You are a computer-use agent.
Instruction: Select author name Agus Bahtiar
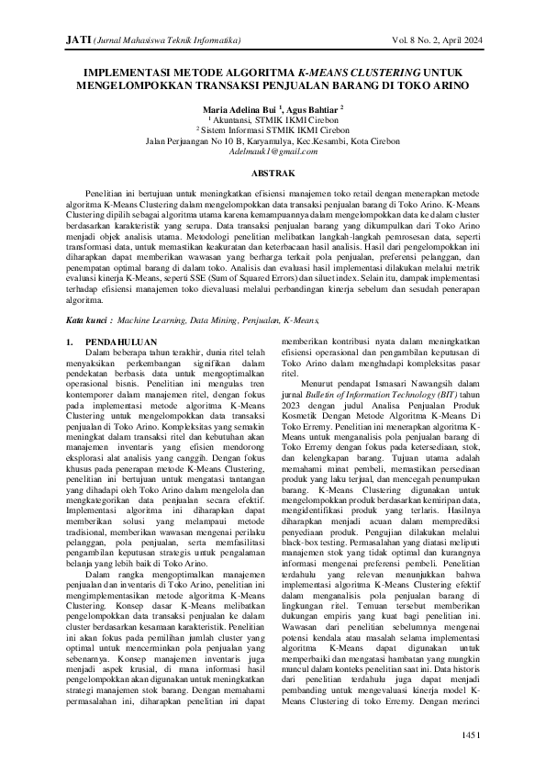[x=309, y=109]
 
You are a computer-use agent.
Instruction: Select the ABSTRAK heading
[x=273, y=174]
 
